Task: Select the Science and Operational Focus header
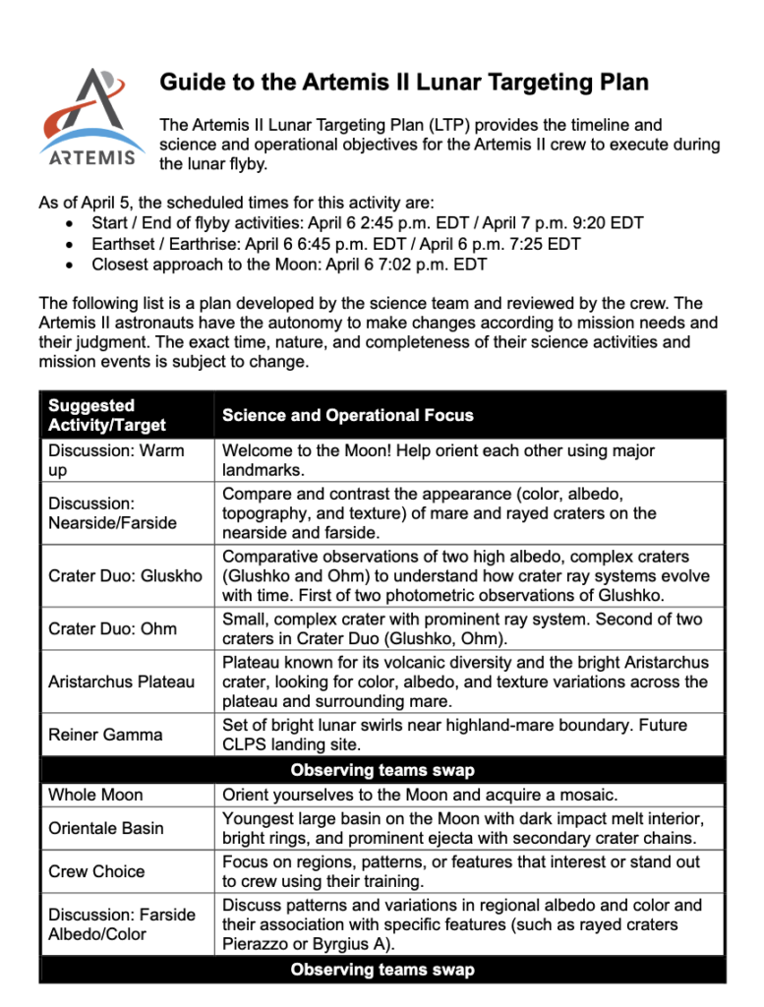click(348, 415)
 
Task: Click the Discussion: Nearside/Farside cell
click(112, 512)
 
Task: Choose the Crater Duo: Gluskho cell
click(125, 574)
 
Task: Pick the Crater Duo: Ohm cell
click(112, 628)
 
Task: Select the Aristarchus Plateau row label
click(121, 681)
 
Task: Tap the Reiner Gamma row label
click(105, 735)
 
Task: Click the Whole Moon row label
click(95, 795)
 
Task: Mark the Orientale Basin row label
click(106, 828)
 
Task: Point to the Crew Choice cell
click(96, 871)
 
